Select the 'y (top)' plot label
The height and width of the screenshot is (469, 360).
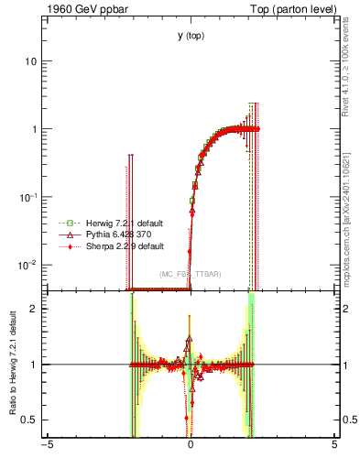pyautogui.click(x=191, y=36)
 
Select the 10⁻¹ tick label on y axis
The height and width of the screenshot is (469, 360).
pyautogui.click(x=31, y=197)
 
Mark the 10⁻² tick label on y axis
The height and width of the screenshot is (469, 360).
pyautogui.click(x=31, y=265)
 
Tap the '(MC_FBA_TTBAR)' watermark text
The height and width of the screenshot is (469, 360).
pyautogui.click(x=191, y=275)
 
